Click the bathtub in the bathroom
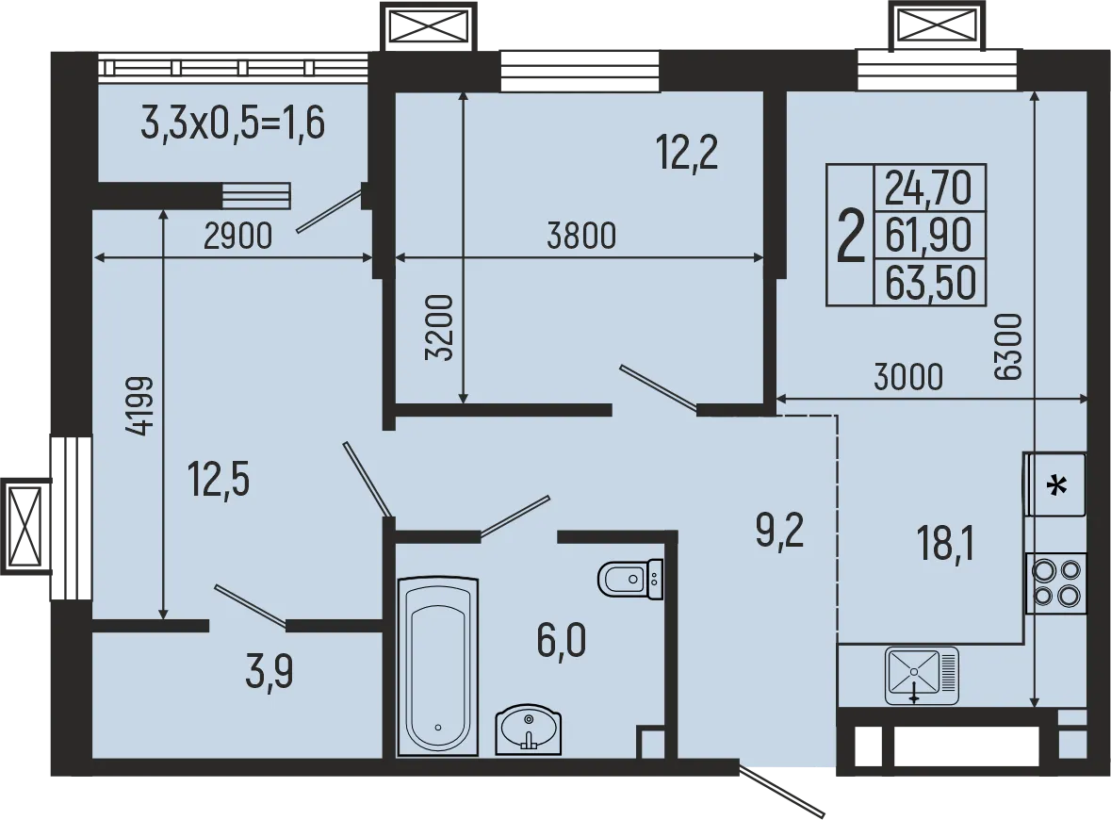(437, 665)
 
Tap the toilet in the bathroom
(629, 579)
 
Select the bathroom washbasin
(529, 730)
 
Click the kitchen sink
(921, 676)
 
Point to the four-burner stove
(1055, 582)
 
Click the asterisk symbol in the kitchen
(1057, 486)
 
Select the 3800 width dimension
(581, 236)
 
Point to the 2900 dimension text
(237, 236)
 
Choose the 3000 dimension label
(907, 377)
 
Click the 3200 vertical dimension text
(440, 329)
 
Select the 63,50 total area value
(928, 283)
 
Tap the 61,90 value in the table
(928, 235)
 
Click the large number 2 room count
(851, 236)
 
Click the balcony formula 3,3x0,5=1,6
(233, 123)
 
